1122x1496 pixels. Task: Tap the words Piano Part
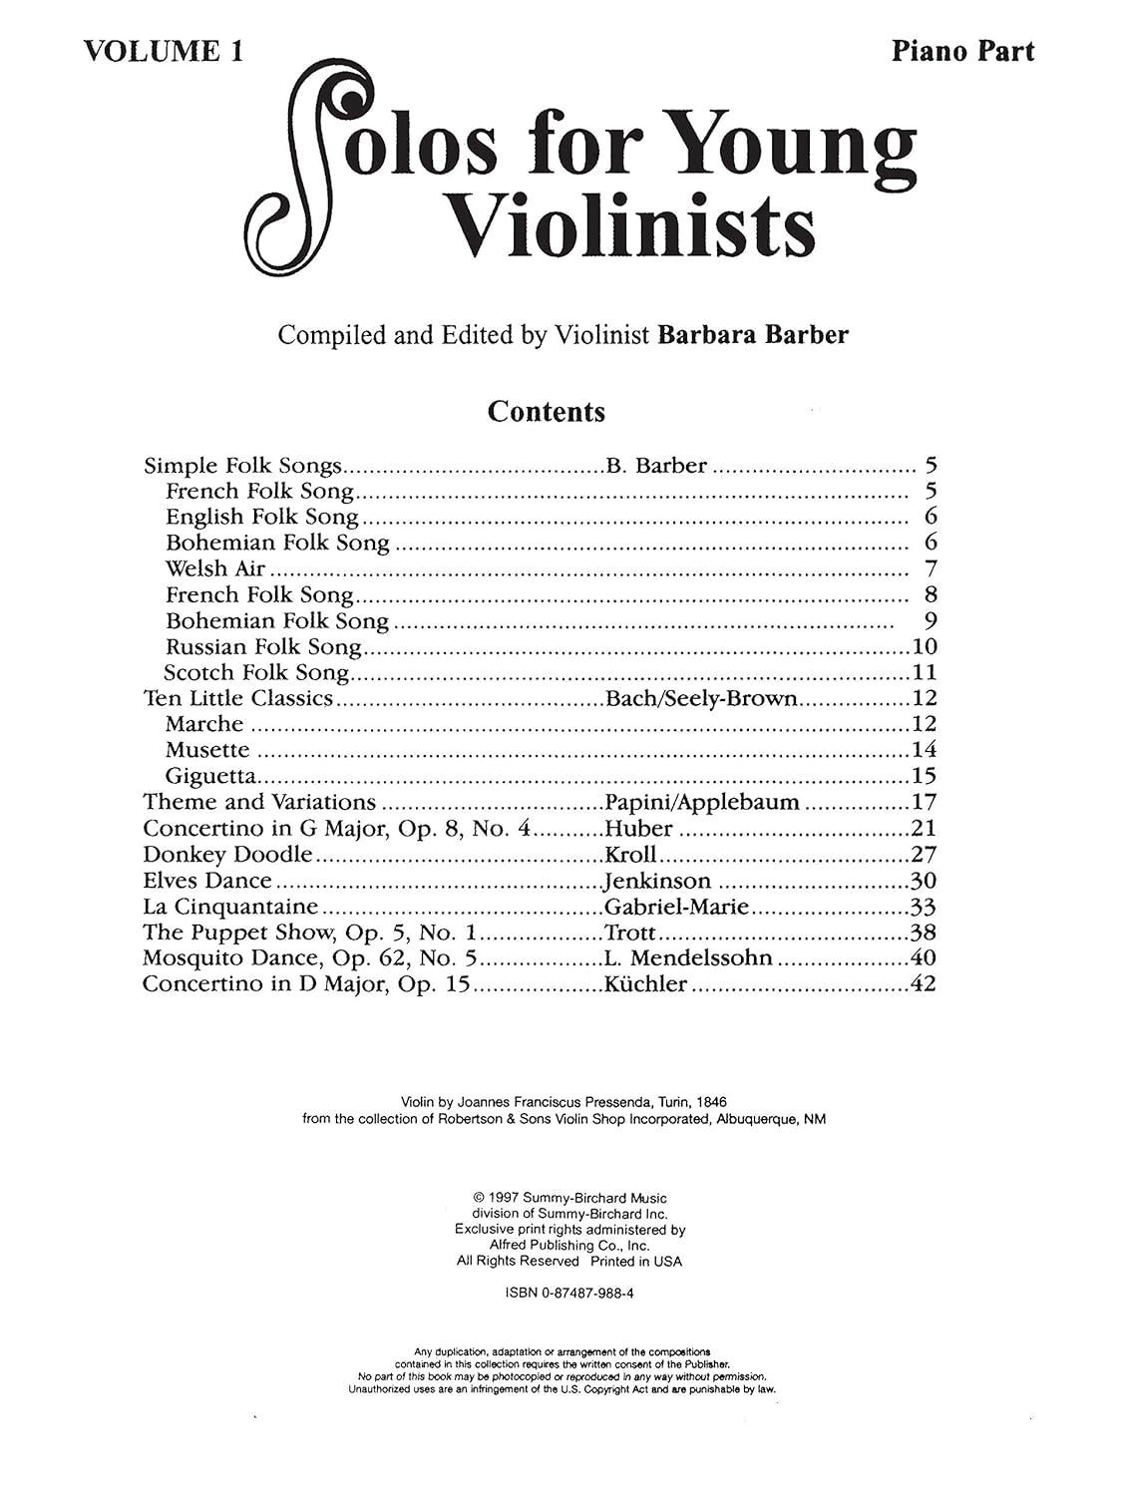coord(962,51)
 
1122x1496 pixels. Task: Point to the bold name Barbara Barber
coord(753,335)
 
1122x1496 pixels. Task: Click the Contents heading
coord(546,411)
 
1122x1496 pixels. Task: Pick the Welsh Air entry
coord(215,568)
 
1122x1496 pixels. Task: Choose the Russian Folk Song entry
coord(263,646)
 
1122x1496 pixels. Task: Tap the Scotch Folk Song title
coord(256,672)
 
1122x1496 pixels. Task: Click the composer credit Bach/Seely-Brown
coord(701,698)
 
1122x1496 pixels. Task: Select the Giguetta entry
coord(210,776)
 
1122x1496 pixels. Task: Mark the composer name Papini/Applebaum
coord(702,802)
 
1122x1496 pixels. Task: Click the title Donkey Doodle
coord(227,854)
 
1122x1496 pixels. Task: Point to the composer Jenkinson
coord(657,881)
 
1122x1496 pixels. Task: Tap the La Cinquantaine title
coord(230,907)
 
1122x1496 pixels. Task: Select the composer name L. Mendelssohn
coord(688,958)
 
